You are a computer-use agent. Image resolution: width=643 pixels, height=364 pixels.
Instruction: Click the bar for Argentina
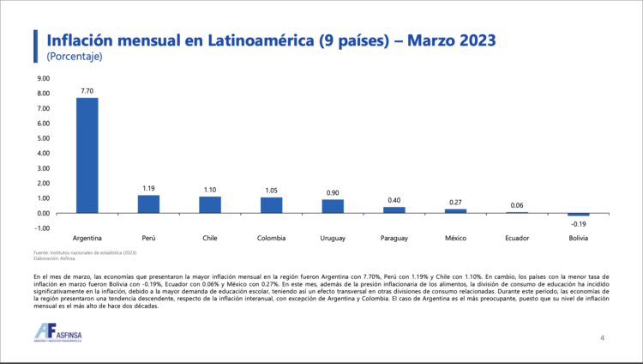pyautogui.click(x=87, y=155)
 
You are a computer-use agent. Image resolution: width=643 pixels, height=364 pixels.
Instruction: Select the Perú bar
pyautogui.click(x=149, y=204)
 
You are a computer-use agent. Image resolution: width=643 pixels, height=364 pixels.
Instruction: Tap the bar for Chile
pyautogui.click(x=210, y=205)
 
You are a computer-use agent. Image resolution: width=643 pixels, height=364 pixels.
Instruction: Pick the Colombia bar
pyautogui.click(x=272, y=205)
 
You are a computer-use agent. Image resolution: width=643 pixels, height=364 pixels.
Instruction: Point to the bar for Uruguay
pyautogui.click(x=333, y=206)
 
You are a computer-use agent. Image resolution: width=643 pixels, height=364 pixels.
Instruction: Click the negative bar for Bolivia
pyautogui.click(x=579, y=215)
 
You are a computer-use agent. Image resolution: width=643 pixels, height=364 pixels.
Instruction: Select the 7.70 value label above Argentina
pyautogui.click(x=87, y=90)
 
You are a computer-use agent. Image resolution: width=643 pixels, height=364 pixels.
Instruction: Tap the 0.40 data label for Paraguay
pyautogui.click(x=394, y=200)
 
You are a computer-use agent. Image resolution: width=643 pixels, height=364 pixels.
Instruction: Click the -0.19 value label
pyautogui.click(x=579, y=223)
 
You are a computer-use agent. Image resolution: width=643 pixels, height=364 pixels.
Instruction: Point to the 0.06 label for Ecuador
pyautogui.click(x=517, y=205)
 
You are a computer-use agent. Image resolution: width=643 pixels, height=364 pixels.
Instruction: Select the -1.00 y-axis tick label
pyautogui.click(x=42, y=227)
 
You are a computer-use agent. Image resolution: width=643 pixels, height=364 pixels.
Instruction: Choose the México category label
pyautogui.click(x=456, y=236)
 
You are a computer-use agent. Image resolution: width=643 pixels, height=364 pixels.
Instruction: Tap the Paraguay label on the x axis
pyautogui.click(x=394, y=236)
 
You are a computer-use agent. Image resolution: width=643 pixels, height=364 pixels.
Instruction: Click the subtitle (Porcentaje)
pyautogui.click(x=75, y=57)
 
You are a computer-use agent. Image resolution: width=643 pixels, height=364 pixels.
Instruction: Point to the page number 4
pyautogui.click(x=602, y=338)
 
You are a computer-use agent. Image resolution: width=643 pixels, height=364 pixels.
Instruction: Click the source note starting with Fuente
pyautogui.click(x=84, y=252)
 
